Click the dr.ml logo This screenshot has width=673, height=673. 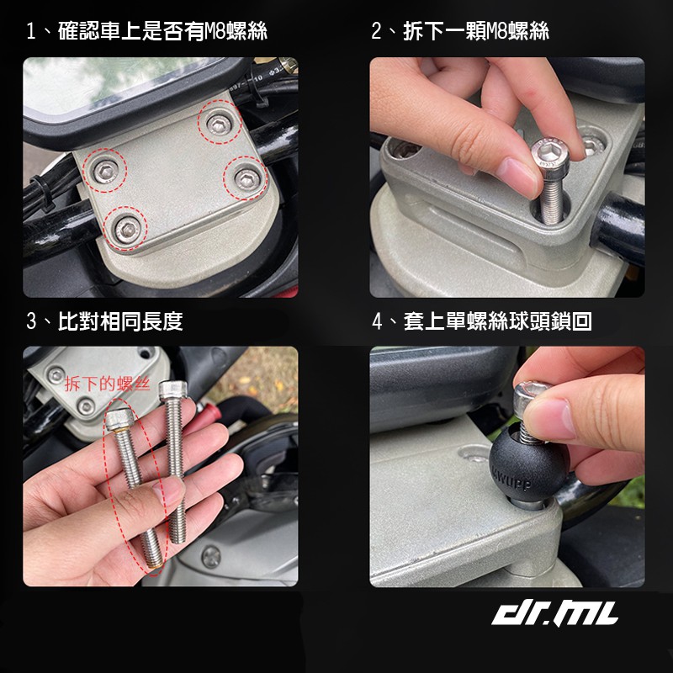tap(554, 613)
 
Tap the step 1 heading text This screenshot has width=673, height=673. tap(146, 31)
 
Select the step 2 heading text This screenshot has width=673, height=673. tap(459, 31)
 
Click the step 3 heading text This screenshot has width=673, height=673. tap(104, 321)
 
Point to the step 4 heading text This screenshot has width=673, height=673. tap(481, 321)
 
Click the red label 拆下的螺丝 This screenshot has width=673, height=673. tap(107, 384)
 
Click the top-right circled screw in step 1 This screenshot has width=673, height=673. tap(220, 125)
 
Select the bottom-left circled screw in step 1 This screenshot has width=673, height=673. tap(128, 230)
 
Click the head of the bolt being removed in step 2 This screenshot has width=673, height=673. tap(550, 156)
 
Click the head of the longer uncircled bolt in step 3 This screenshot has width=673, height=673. tap(173, 390)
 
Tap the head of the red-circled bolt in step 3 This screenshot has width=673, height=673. tap(119, 419)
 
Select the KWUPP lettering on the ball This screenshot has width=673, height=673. tap(512, 479)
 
